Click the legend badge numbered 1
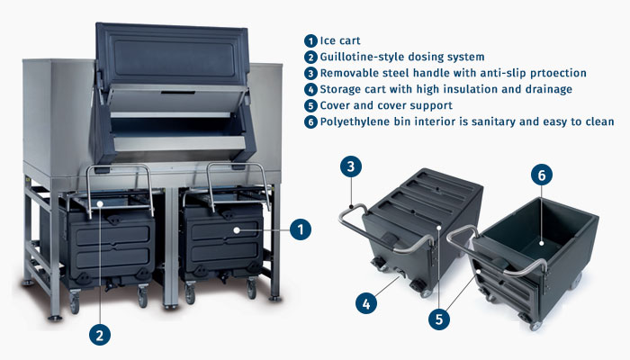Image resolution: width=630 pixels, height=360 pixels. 310,40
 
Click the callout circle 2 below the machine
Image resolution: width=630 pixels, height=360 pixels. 100,335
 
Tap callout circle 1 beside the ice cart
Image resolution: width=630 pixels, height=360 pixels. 301,229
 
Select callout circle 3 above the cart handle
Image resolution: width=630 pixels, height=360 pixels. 351,166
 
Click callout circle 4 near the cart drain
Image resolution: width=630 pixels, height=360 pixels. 366,304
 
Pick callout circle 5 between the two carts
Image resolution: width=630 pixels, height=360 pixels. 439,319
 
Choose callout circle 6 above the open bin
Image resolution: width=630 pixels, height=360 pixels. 542,175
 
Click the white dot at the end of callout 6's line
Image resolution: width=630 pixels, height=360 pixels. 542,243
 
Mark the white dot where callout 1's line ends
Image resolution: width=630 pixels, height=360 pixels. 237,230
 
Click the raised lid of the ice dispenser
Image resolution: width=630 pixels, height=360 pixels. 171,54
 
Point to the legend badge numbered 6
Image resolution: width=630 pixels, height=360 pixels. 310,121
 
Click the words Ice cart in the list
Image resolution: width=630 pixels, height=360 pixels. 340,40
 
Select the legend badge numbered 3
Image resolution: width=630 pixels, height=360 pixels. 310,73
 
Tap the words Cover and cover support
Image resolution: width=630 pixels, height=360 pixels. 386,105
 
